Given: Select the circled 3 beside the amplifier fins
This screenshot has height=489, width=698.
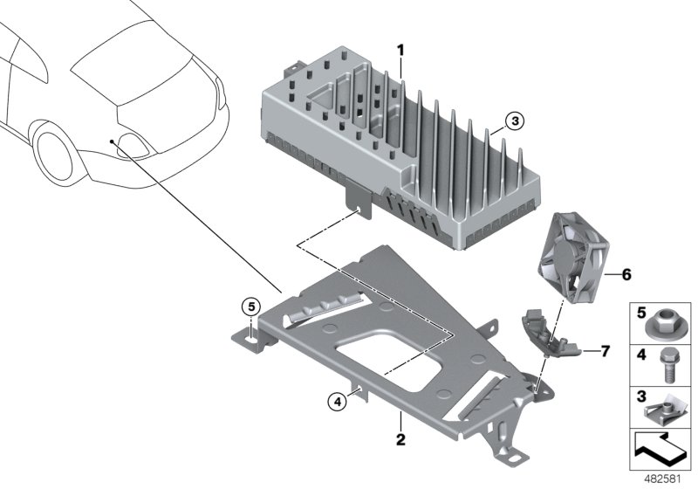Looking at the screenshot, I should (515, 122).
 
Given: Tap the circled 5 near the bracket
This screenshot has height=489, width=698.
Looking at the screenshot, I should (251, 306).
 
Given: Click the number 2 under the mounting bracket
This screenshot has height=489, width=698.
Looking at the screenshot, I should (400, 439).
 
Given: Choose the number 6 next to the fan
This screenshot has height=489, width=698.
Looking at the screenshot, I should (626, 274).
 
